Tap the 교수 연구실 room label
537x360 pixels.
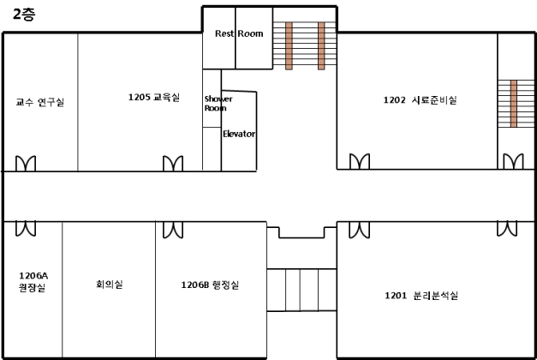coord(40,102)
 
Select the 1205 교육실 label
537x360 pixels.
coord(154,98)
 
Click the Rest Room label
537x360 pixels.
coord(239,33)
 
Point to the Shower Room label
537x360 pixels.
coord(212,104)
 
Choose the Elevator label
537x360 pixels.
coord(239,134)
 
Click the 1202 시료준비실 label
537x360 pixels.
coord(420,100)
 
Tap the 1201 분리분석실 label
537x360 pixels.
coord(421,296)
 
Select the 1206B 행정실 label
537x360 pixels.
coord(210,284)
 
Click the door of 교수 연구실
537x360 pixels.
coord(26,163)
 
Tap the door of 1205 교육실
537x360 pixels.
coord(173,163)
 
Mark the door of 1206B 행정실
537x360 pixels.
coord(173,228)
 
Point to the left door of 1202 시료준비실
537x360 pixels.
coord(359,162)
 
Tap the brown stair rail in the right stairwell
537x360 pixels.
coord(514,104)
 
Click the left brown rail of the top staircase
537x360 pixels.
coord(289,45)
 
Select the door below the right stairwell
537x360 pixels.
coord(513,162)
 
